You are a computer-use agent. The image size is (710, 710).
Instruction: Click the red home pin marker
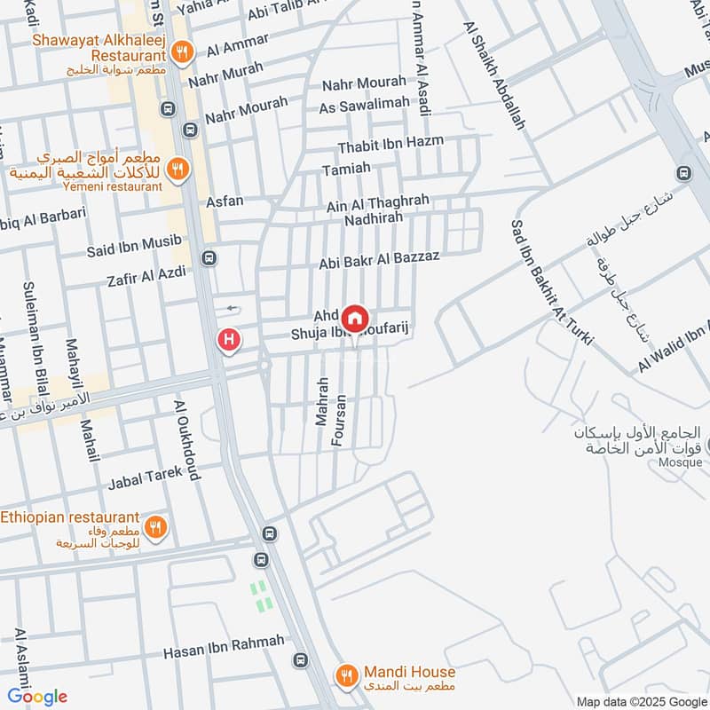(355, 318)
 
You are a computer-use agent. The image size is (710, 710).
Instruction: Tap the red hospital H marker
(230, 339)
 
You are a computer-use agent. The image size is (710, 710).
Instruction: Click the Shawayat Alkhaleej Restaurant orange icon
(181, 51)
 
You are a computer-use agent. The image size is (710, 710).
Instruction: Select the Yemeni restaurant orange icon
(178, 168)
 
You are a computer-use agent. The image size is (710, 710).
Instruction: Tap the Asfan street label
(225, 201)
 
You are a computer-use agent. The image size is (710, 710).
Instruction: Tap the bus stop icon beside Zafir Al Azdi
(209, 259)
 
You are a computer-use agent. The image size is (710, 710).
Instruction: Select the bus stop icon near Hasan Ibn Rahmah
(301, 661)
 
